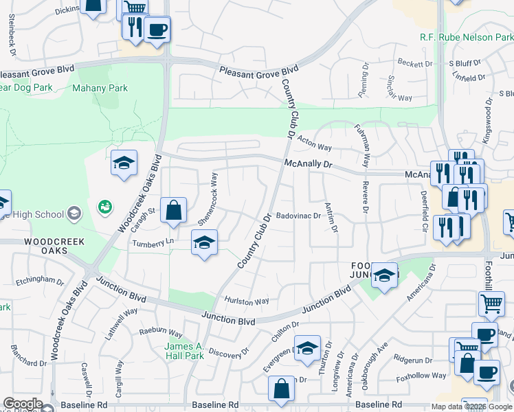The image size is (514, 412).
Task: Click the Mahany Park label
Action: [100, 88]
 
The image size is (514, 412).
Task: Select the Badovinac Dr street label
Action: [299, 216]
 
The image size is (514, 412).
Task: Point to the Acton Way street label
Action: [315, 148]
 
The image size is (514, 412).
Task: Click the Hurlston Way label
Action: [247, 301]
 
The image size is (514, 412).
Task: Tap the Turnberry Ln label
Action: [153, 243]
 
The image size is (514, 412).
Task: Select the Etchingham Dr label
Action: [41, 281]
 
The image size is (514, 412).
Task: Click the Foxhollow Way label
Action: [417, 376]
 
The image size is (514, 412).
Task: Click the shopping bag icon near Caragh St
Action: [174, 210]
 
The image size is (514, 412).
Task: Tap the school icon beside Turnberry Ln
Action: [204, 242]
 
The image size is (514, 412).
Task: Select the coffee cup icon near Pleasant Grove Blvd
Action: [157, 29]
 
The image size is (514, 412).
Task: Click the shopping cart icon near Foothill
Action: [491, 303]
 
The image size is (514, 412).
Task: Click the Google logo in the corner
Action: [23, 404]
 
